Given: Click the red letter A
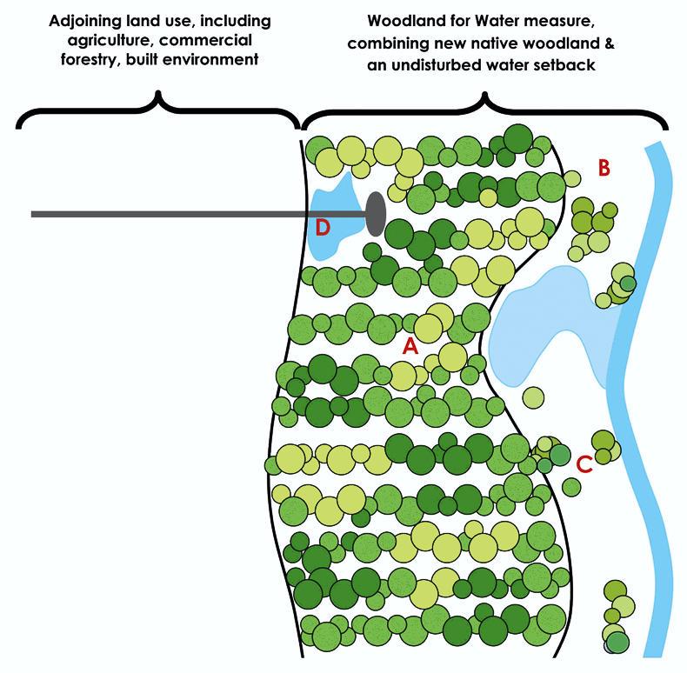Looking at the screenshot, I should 410,345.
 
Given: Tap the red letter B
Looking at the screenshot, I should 604,168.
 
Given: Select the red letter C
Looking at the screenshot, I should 584,464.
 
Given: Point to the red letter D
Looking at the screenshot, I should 323,228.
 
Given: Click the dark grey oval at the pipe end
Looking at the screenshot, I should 376,213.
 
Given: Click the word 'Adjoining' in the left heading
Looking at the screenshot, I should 82,20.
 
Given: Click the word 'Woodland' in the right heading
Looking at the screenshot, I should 403,20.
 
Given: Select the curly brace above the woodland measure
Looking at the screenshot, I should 484,109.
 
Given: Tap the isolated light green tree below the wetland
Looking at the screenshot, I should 534,397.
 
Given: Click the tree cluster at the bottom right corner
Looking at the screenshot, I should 615,618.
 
